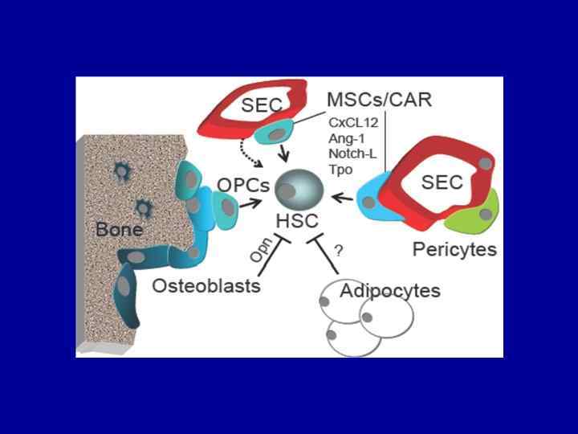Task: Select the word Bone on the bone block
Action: pyautogui.click(x=119, y=229)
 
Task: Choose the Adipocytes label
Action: pyautogui.click(x=390, y=290)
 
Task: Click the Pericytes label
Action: pyautogui.click(x=454, y=249)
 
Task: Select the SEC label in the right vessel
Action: pyautogui.click(x=442, y=182)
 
